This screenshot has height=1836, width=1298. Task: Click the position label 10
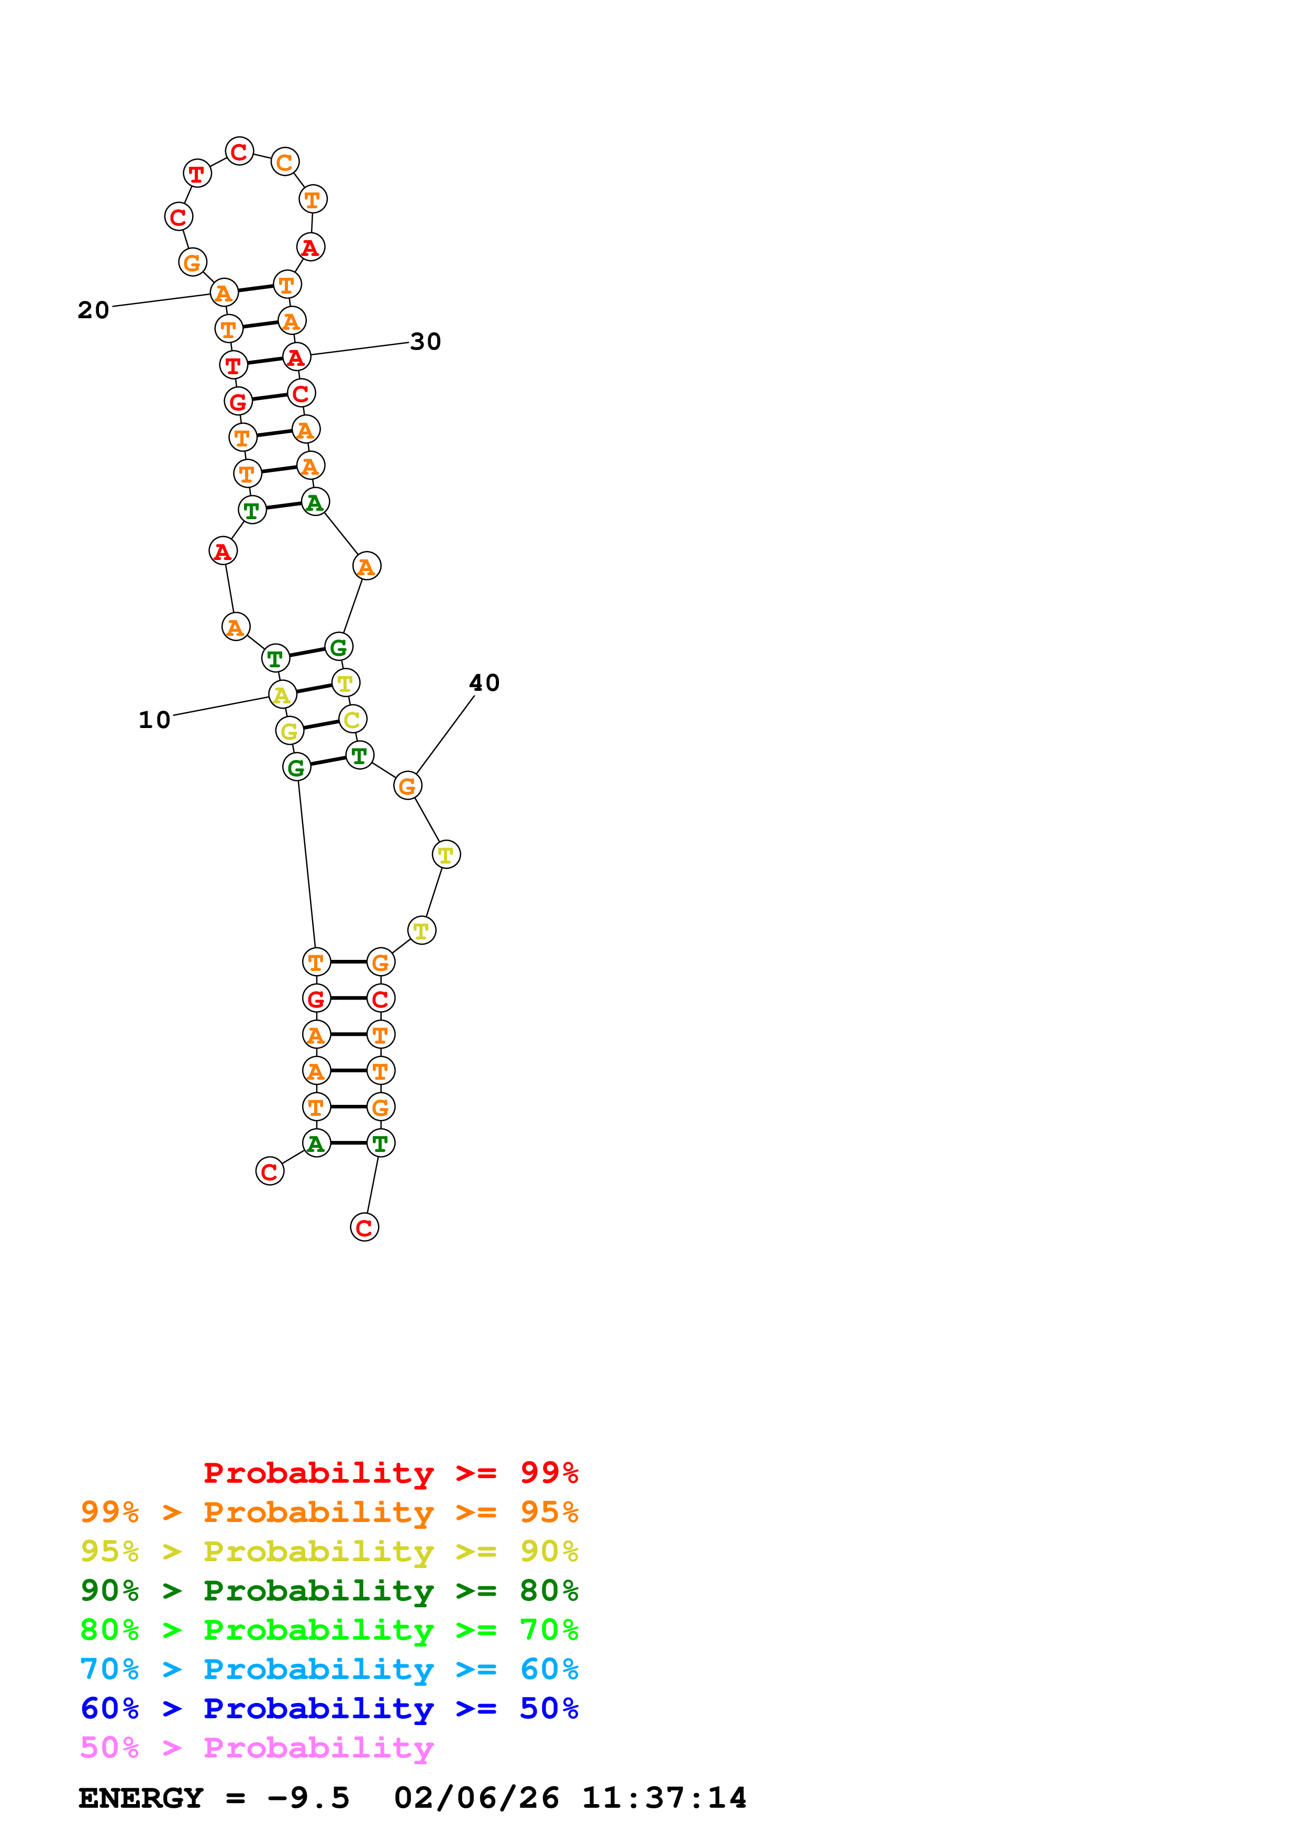pyautogui.click(x=154, y=720)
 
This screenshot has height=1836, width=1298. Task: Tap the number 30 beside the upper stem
pyautogui.click(x=426, y=341)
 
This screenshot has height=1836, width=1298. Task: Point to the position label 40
pyautogui.click(x=484, y=683)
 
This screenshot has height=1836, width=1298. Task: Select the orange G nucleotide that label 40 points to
pyautogui.click(x=407, y=786)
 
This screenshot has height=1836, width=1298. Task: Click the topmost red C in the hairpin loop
pyautogui.click(x=239, y=151)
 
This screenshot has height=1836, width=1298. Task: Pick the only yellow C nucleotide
pyautogui.click(x=352, y=719)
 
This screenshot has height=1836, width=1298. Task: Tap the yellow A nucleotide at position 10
pyautogui.click(x=282, y=695)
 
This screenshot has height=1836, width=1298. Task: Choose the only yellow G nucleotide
pyautogui.click(x=289, y=731)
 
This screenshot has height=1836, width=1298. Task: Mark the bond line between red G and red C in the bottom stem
pyautogui.click(x=348, y=998)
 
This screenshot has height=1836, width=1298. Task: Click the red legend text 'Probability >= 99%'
pyautogui.click(x=390, y=1473)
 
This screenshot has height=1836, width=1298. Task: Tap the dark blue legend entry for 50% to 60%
pyautogui.click(x=329, y=1708)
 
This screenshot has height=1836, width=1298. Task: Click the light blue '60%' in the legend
pyautogui.click(x=549, y=1669)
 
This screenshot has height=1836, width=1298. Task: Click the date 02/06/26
pyautogui.click(x=476, y=1798)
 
